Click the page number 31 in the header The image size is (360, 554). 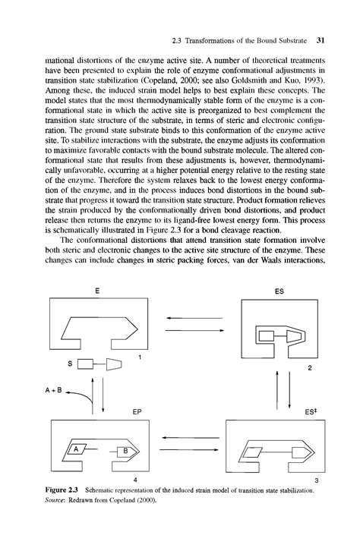click(321, 40)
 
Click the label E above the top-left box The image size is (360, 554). click(97, 291)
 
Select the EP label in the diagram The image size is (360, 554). click(137, 413)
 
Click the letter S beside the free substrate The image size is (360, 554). click(70, 365)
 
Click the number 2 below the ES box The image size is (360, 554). click(310, 369)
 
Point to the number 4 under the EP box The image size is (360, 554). click(134, 480)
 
